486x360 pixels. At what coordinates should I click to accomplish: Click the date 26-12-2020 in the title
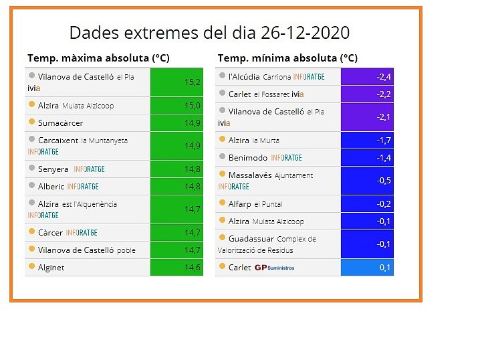[306, 33]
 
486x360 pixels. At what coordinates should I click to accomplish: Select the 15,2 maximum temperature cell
[176, 82]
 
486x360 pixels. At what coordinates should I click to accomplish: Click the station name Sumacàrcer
[60, 123]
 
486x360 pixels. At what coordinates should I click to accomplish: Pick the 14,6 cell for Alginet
[176, 267]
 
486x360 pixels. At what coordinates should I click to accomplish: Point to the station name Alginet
[51, 268]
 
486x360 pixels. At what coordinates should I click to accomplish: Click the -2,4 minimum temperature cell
[367, 77]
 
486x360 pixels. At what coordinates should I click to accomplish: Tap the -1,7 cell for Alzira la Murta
[367, 141]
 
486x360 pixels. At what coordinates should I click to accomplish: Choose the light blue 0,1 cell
[367, 267]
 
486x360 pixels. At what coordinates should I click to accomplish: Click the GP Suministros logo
[274, 268]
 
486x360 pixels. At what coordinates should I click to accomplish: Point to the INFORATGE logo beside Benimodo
[286, 158]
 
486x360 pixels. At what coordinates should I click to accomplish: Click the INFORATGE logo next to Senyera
[89, 169]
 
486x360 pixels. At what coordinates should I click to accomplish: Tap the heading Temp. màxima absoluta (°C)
[98, 58]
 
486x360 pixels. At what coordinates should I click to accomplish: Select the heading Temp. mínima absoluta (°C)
[287, 58]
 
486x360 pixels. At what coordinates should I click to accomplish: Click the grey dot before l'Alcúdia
[222, 75]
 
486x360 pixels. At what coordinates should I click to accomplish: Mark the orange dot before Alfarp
[222, 203]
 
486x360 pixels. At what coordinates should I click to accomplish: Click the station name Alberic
[51, 187]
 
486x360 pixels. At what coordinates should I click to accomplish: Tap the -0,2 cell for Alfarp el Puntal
[367, 204]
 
